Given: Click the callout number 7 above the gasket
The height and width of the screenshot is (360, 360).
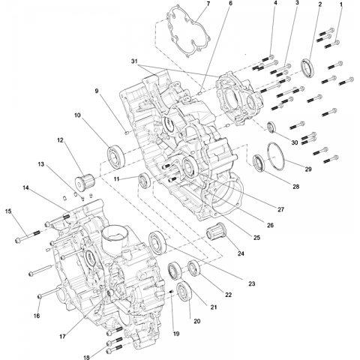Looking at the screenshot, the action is pos(208,4).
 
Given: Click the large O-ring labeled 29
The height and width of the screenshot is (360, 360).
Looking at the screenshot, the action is pos(268,155).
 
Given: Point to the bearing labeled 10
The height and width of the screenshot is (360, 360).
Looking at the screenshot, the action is pos(116,156).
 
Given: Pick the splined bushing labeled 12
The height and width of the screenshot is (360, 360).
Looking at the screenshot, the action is pos(85,180).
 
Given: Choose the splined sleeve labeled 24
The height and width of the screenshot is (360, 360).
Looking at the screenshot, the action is pos(216,230).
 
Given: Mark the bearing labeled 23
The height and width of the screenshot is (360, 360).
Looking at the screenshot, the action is pos(157,243).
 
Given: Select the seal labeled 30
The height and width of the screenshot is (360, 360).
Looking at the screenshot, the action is pos(272,127).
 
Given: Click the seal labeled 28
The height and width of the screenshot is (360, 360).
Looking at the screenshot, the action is pos(259,163).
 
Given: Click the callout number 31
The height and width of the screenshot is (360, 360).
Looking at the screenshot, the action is pos(134,61).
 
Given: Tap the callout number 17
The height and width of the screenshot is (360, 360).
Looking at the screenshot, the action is pos(62,337).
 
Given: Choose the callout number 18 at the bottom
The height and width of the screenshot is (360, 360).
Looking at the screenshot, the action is pos(86,357).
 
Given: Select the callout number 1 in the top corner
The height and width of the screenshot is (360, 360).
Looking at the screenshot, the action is pos(341,4).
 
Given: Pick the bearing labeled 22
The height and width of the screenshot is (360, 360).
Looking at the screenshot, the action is pos(194,268).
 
